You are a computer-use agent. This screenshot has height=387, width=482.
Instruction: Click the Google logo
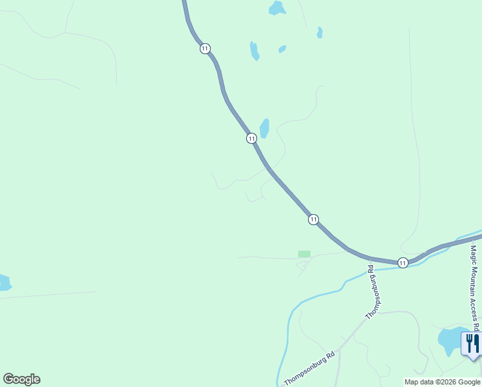pos(21,379)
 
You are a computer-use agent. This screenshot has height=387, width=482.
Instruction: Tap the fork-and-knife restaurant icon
pos(472,343)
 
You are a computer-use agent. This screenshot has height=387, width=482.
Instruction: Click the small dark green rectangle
pos(304,254)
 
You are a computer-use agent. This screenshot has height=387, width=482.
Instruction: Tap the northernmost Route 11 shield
pos(204,49)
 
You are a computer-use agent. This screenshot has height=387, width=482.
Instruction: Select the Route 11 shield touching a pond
pos(251,138)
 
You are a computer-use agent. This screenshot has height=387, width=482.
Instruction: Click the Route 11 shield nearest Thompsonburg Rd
pos(402,263)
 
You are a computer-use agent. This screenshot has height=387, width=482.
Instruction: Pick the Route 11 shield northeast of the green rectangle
pos(313,219)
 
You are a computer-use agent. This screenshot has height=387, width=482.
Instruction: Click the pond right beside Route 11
pos(264,128)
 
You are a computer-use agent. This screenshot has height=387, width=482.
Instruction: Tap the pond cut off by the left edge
pos(4,283)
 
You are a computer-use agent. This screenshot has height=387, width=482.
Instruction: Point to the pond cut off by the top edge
pos(277,8)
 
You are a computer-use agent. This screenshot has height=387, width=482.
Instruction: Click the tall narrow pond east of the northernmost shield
pos(255,50)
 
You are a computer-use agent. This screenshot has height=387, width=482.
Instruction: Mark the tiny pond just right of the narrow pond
pos(282,49)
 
